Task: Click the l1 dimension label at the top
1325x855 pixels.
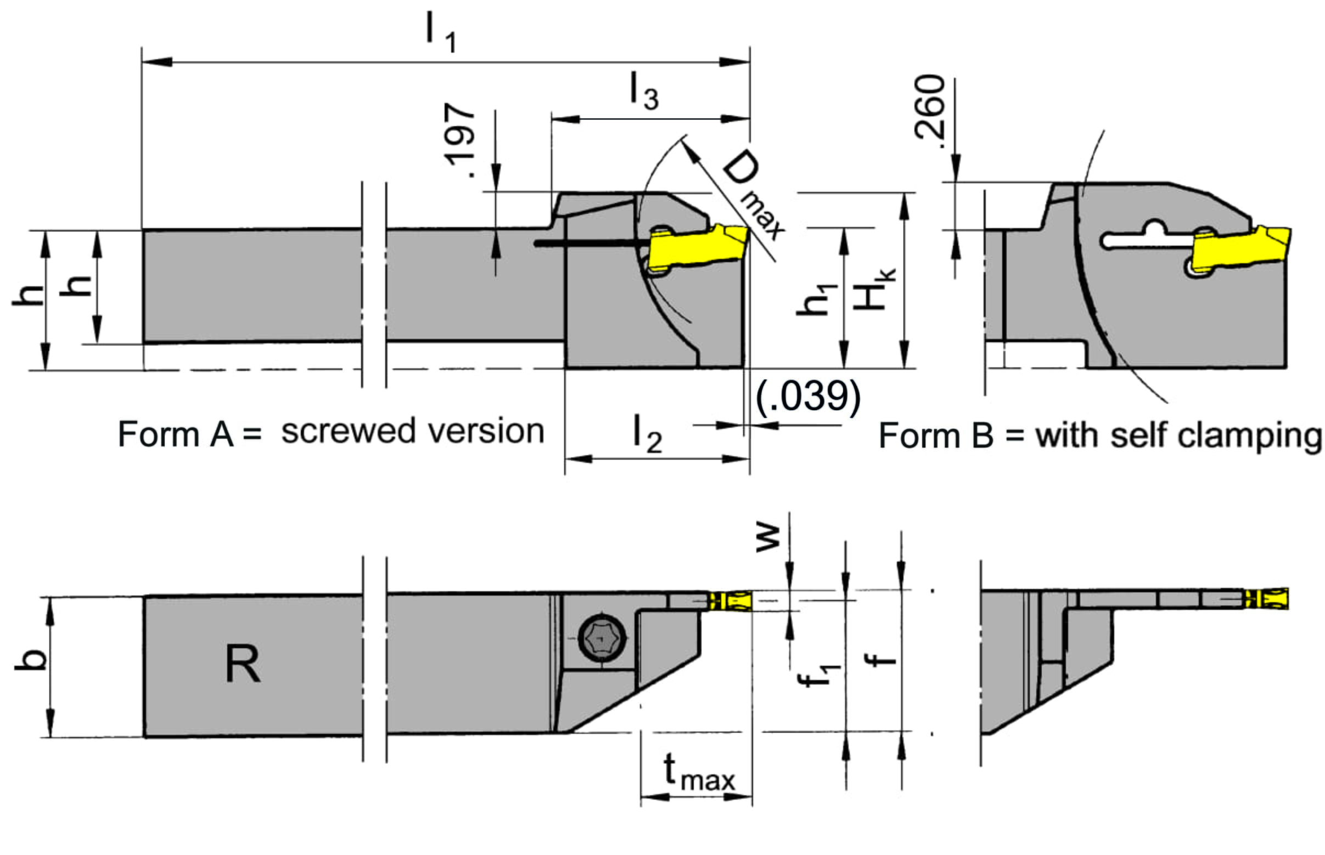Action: pyautogui.click(x=441, y=33)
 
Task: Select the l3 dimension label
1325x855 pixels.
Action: pyautogui.click(x=644, y=92)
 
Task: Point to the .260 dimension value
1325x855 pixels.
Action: pyautogui.click(x=929, y=111)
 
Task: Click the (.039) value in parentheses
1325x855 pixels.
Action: pyautogui.click(x=809, y=397)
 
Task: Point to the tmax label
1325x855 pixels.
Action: pyautogui.click(x=699, y=772)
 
